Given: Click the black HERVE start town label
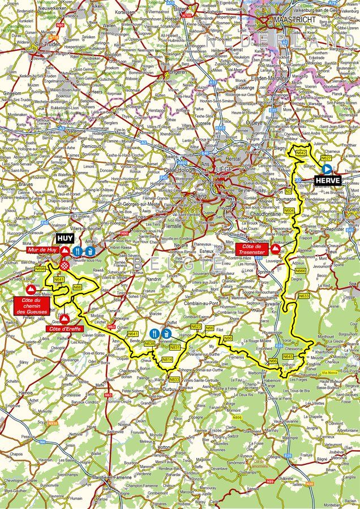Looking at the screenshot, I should [x=329, y=180].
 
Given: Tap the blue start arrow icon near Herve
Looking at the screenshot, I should [x=327, y=169].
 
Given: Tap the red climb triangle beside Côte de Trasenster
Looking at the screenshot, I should [x=275, y=248].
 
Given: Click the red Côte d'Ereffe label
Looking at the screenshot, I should [x=62, y=329].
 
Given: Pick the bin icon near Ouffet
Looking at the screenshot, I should [x=166, y=333].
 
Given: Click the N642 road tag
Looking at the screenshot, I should [x=302, y=153].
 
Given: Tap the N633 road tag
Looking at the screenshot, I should [x=304, y=295].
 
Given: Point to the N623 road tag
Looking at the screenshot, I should [x=196, y=327].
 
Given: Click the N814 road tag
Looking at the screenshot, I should [x=167, y=360].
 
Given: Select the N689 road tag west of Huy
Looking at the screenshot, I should [x=40, y=269].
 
